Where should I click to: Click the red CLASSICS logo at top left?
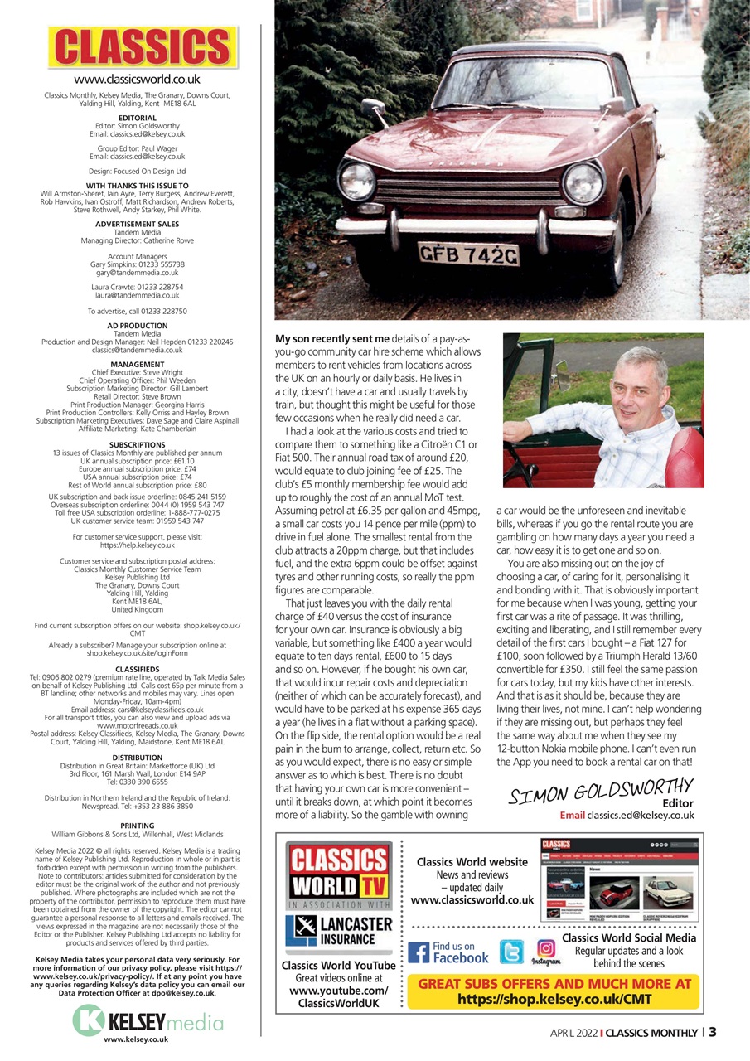(143, 48)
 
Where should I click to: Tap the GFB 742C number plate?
(469, 253)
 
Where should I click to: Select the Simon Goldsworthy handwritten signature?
(600, 790)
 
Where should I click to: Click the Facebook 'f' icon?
(419, 953)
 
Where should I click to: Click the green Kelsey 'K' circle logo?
(89, 1020)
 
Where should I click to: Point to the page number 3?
(713, 1033)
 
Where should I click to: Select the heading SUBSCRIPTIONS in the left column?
(137, 444)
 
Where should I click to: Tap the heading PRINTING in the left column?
(137, 826)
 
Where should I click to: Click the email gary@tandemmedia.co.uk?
(137, 272)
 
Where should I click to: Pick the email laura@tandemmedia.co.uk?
(137, 295)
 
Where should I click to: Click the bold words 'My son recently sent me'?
(331, 339)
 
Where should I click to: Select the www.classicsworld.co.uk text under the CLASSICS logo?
(137, 80)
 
